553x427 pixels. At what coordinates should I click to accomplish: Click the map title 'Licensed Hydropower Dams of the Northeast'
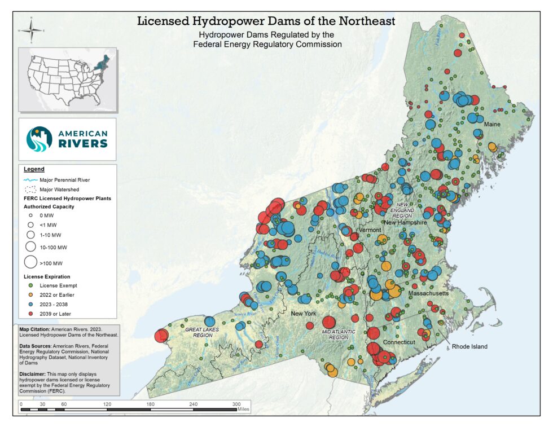tap(266, 21)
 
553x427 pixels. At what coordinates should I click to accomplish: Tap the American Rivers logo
tap(67, 138)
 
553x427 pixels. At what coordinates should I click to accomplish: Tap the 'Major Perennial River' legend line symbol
tap(30, 179)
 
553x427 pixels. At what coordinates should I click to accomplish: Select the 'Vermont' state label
tap(370, 230)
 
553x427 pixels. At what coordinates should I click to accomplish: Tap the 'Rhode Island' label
tap(469, 346)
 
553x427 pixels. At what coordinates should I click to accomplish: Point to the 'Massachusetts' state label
tap(428, 294)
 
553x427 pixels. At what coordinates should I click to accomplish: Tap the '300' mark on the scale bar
tap(236, 404)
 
